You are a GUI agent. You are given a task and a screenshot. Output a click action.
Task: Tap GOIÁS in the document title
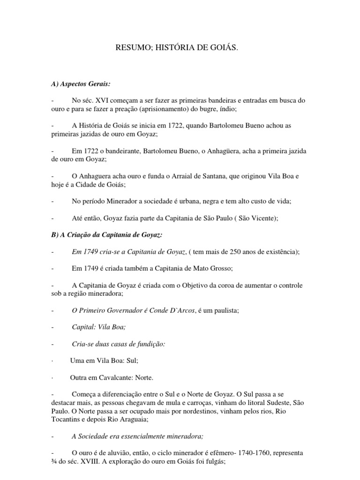coord(230,47)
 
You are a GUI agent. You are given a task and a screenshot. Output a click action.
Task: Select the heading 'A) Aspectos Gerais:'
coord(80,83)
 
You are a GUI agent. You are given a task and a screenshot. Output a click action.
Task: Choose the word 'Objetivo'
coord(203,285)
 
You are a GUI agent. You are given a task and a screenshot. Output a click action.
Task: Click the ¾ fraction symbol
coord(54,462)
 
